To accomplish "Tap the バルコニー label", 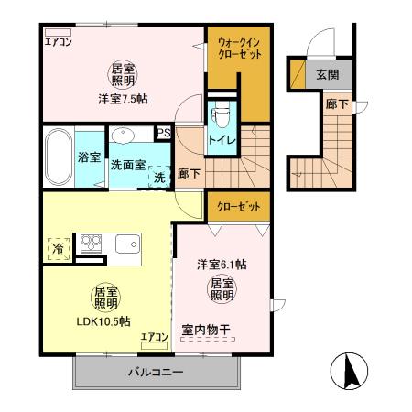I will coord(152,374).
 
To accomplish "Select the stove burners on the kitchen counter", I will coord(92,243).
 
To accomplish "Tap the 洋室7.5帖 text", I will coord(122,99).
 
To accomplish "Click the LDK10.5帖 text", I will coord(102,321).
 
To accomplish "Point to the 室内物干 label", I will coord(209,329).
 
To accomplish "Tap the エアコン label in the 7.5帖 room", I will coord(59,41).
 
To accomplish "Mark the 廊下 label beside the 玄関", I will coord(336,104).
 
